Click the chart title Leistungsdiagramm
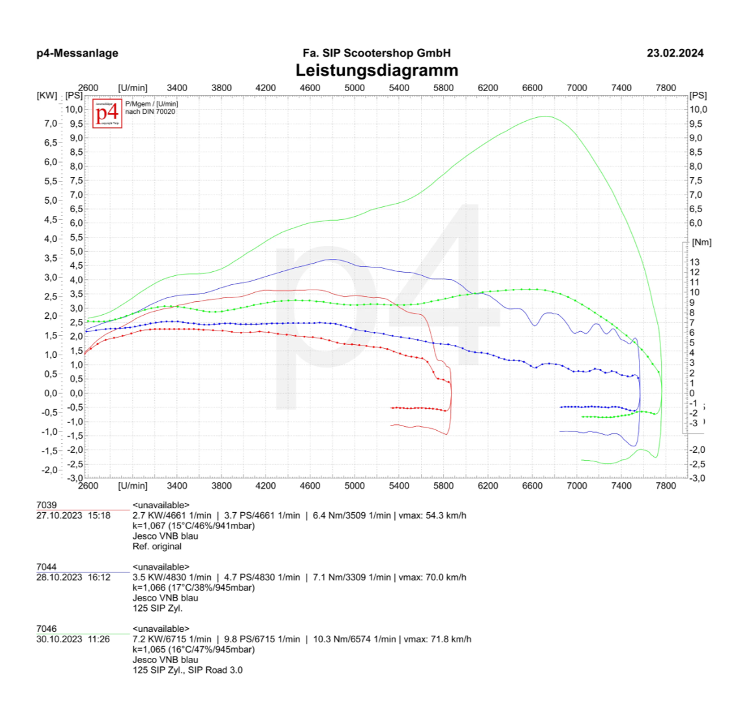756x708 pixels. click(x=377, y=70)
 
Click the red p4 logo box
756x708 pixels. click(x=107, y=113)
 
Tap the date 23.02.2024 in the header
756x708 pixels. click(x=675, y=53)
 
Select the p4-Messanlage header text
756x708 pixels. click(x=77, y=53)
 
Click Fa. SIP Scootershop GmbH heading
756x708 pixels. click(x=377, y=53)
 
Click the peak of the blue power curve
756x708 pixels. click(x=332, y=259)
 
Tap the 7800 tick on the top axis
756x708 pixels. click(x=666, y=88)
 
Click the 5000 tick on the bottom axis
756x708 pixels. click(x=355, y=485)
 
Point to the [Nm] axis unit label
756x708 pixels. click(x=702, y=242)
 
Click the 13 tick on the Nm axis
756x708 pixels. click(x=695, y=262)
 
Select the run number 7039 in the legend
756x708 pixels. click(x=46, y=505)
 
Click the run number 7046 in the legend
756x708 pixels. click(x=46, y=629)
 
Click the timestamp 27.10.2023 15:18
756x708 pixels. click(x=74, y=515)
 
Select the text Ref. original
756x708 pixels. click(x=157, y=547)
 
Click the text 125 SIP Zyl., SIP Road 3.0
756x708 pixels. click(x=187, y=670)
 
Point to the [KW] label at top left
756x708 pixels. click(x=47, y=96)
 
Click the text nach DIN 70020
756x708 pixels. click(x=150, y=112)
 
